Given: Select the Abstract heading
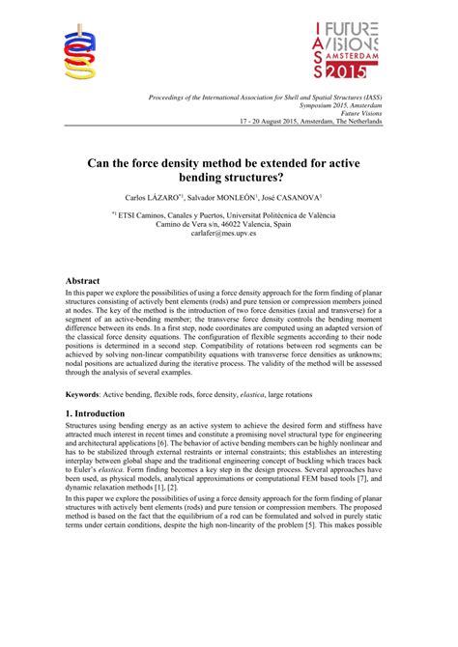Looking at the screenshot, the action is click(x=85, y=281).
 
